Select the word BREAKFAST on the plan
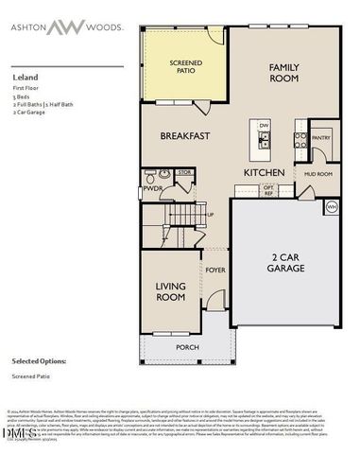click(x=184, y=136)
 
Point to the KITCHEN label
click(x=266, y=174)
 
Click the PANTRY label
click(x=321, y=138)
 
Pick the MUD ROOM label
click(x=317, y=174)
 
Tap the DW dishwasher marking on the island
click(x=265, y=125)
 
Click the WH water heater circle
click(x=332, y=206)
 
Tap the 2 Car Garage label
click(x=286, y=262)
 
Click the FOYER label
click(x=215, y=271)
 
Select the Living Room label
click(x=170, y=291)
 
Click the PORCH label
click(x=187, y=347)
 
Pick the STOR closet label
click(x=184, y=173)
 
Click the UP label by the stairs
click(x=210, y=216)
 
